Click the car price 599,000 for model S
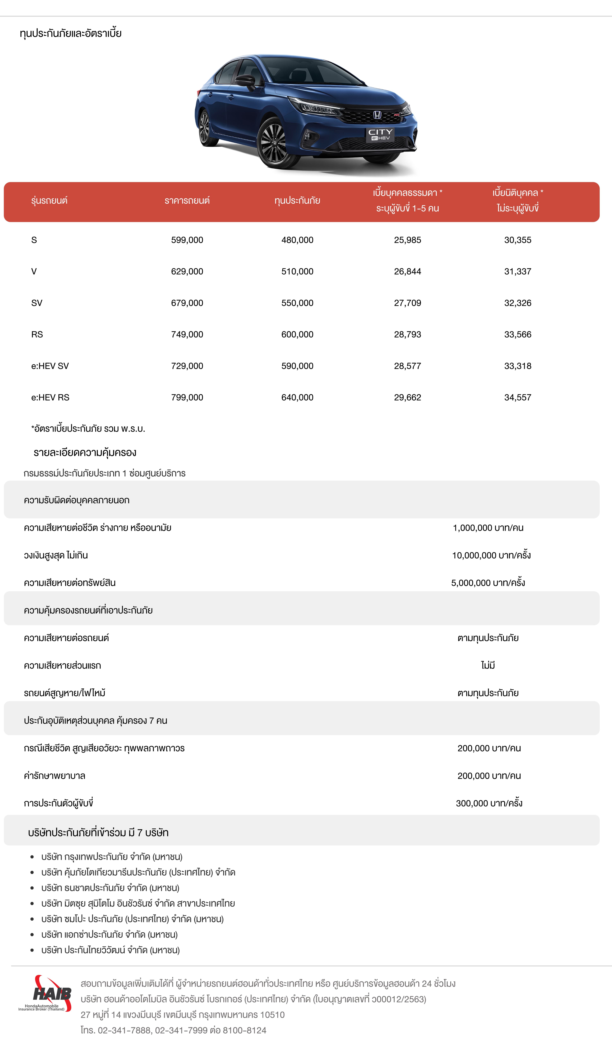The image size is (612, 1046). (x=187, y=240)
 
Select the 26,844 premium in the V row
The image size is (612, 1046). (x=407, y=272)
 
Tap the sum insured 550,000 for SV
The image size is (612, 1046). (x=297, y=303)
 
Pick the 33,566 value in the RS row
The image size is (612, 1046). (x=517, y=334)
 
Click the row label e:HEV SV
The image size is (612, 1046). (x=50, y=366)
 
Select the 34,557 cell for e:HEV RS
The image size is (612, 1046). (x=517, y=398)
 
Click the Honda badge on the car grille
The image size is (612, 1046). (x=377, y=115)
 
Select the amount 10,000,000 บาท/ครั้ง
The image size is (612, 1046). (x=491, y=555)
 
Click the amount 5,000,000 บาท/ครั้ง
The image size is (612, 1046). (x=488, y=583)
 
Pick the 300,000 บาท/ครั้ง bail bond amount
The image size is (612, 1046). (x=489, y=803)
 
